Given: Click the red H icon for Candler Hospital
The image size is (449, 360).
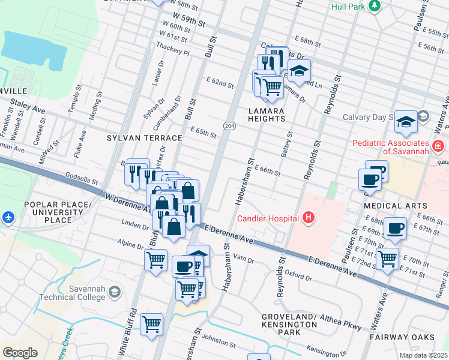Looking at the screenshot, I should click(309, 217).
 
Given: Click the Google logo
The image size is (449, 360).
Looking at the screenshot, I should click(20, 353).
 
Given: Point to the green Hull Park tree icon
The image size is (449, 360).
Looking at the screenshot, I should click(375, 6).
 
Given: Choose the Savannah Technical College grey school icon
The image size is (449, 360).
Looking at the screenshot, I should click(114, 292).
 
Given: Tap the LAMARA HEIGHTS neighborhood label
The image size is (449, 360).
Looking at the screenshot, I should click(267, 115).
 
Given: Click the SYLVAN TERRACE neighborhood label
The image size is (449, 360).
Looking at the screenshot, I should click(144, 138).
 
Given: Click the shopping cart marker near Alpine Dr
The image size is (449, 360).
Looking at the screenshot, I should click(155, 260).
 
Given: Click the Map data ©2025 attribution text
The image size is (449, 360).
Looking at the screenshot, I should click(423, 355).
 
